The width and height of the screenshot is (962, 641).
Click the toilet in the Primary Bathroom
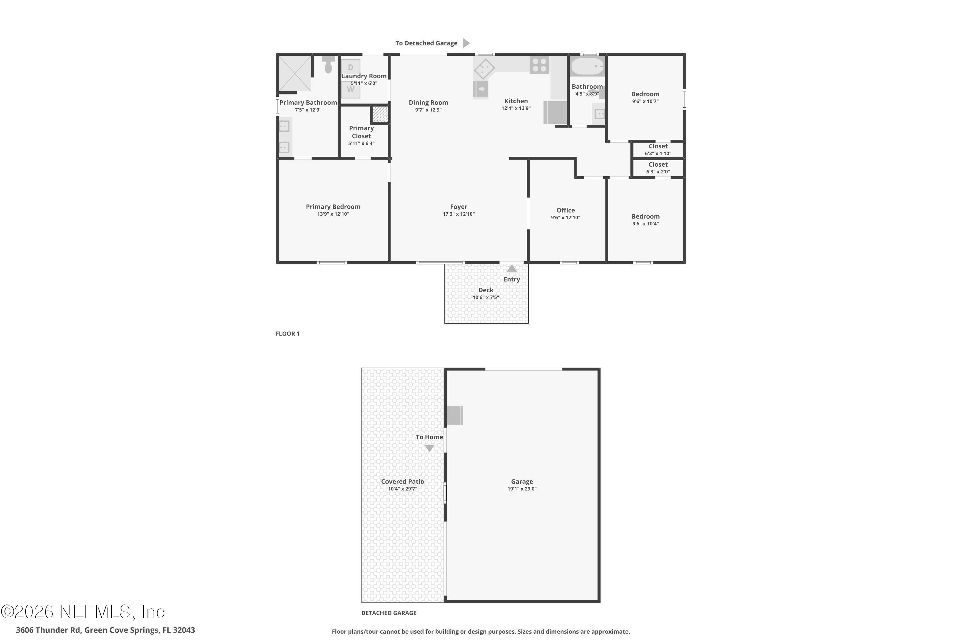328,65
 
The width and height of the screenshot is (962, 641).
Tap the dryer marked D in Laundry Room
350,67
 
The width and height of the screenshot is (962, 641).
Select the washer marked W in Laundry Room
350,89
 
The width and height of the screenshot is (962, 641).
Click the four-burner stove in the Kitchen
539,65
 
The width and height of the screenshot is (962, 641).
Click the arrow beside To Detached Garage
466,43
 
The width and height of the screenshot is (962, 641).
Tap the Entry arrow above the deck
512,269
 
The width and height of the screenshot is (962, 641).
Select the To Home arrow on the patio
429,448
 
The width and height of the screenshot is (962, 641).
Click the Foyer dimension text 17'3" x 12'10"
459,214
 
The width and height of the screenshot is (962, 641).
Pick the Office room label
565,210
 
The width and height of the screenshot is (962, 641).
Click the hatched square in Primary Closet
380,114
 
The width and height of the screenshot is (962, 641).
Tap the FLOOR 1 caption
288,334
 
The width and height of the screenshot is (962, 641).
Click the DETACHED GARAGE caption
389,613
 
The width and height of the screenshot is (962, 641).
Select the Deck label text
485,290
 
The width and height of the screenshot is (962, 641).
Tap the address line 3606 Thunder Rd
105,630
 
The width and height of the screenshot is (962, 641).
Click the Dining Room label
428,103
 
